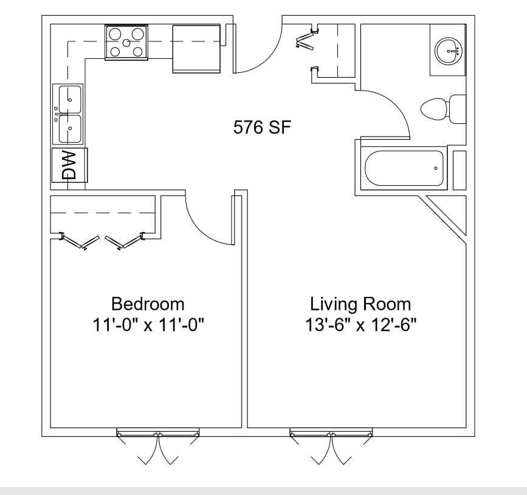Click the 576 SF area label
click(x=262, y=128)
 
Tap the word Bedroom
click(x=148, y=304)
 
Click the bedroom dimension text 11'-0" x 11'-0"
click(x=148, y=325)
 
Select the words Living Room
click(x=360, y=304)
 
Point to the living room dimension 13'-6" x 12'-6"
click(x=360, y=325)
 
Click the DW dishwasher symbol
click(x=69, y=165)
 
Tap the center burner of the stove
click(x=126, y=43)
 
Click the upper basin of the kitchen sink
click(x=70, y=100)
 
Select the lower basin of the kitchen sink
click(x=70, y=129)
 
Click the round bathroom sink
click(x=449, y=50)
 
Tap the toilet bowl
click(x=433, y=109)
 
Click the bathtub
click(x=404, y=168)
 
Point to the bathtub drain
click(x=436, y=168)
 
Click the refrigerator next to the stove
click(x=196, y=49)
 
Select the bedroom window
click(x=158, y=433)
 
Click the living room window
click(x=331, y=433)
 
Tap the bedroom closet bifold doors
click(x=102, y=241)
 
